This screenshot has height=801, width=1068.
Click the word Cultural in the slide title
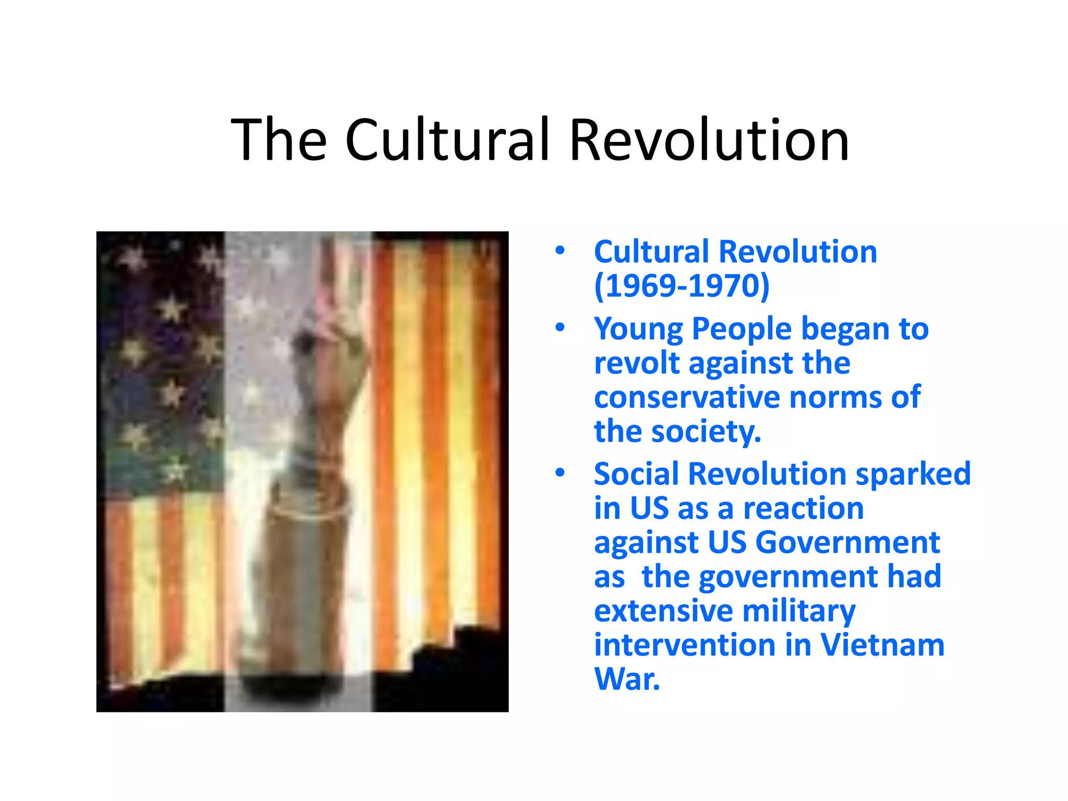coord(447,140)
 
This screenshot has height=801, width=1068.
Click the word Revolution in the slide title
coord(709,140)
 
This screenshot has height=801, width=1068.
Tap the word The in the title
coord(279,140)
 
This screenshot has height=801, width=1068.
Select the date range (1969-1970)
coord(682,286)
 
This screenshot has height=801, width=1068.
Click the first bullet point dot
coord(560,251)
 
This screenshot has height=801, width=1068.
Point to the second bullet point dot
coord(560,327)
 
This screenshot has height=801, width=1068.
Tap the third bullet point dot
coord(560,472)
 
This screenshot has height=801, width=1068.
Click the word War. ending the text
coord(627,679)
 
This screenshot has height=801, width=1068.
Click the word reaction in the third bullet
coord(803,508)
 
